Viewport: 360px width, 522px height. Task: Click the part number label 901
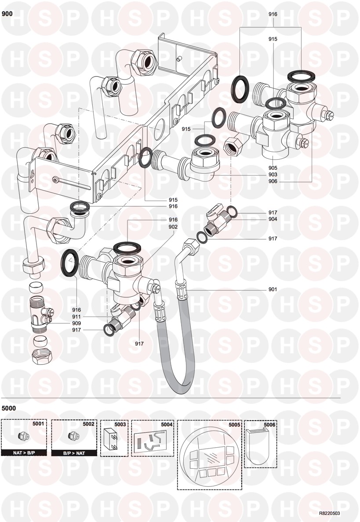point(273,289)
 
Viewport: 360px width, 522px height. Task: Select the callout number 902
point(173,227)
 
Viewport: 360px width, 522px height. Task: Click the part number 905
point(273,168)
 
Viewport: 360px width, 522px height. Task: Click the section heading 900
point(7,14)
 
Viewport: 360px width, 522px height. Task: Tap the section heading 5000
point(9,408)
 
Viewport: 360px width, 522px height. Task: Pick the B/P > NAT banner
point(73,452)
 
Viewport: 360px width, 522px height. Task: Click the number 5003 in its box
point(120,424)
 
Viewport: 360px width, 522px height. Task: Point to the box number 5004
point(167,424)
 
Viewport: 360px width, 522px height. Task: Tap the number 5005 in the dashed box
point(234,424)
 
